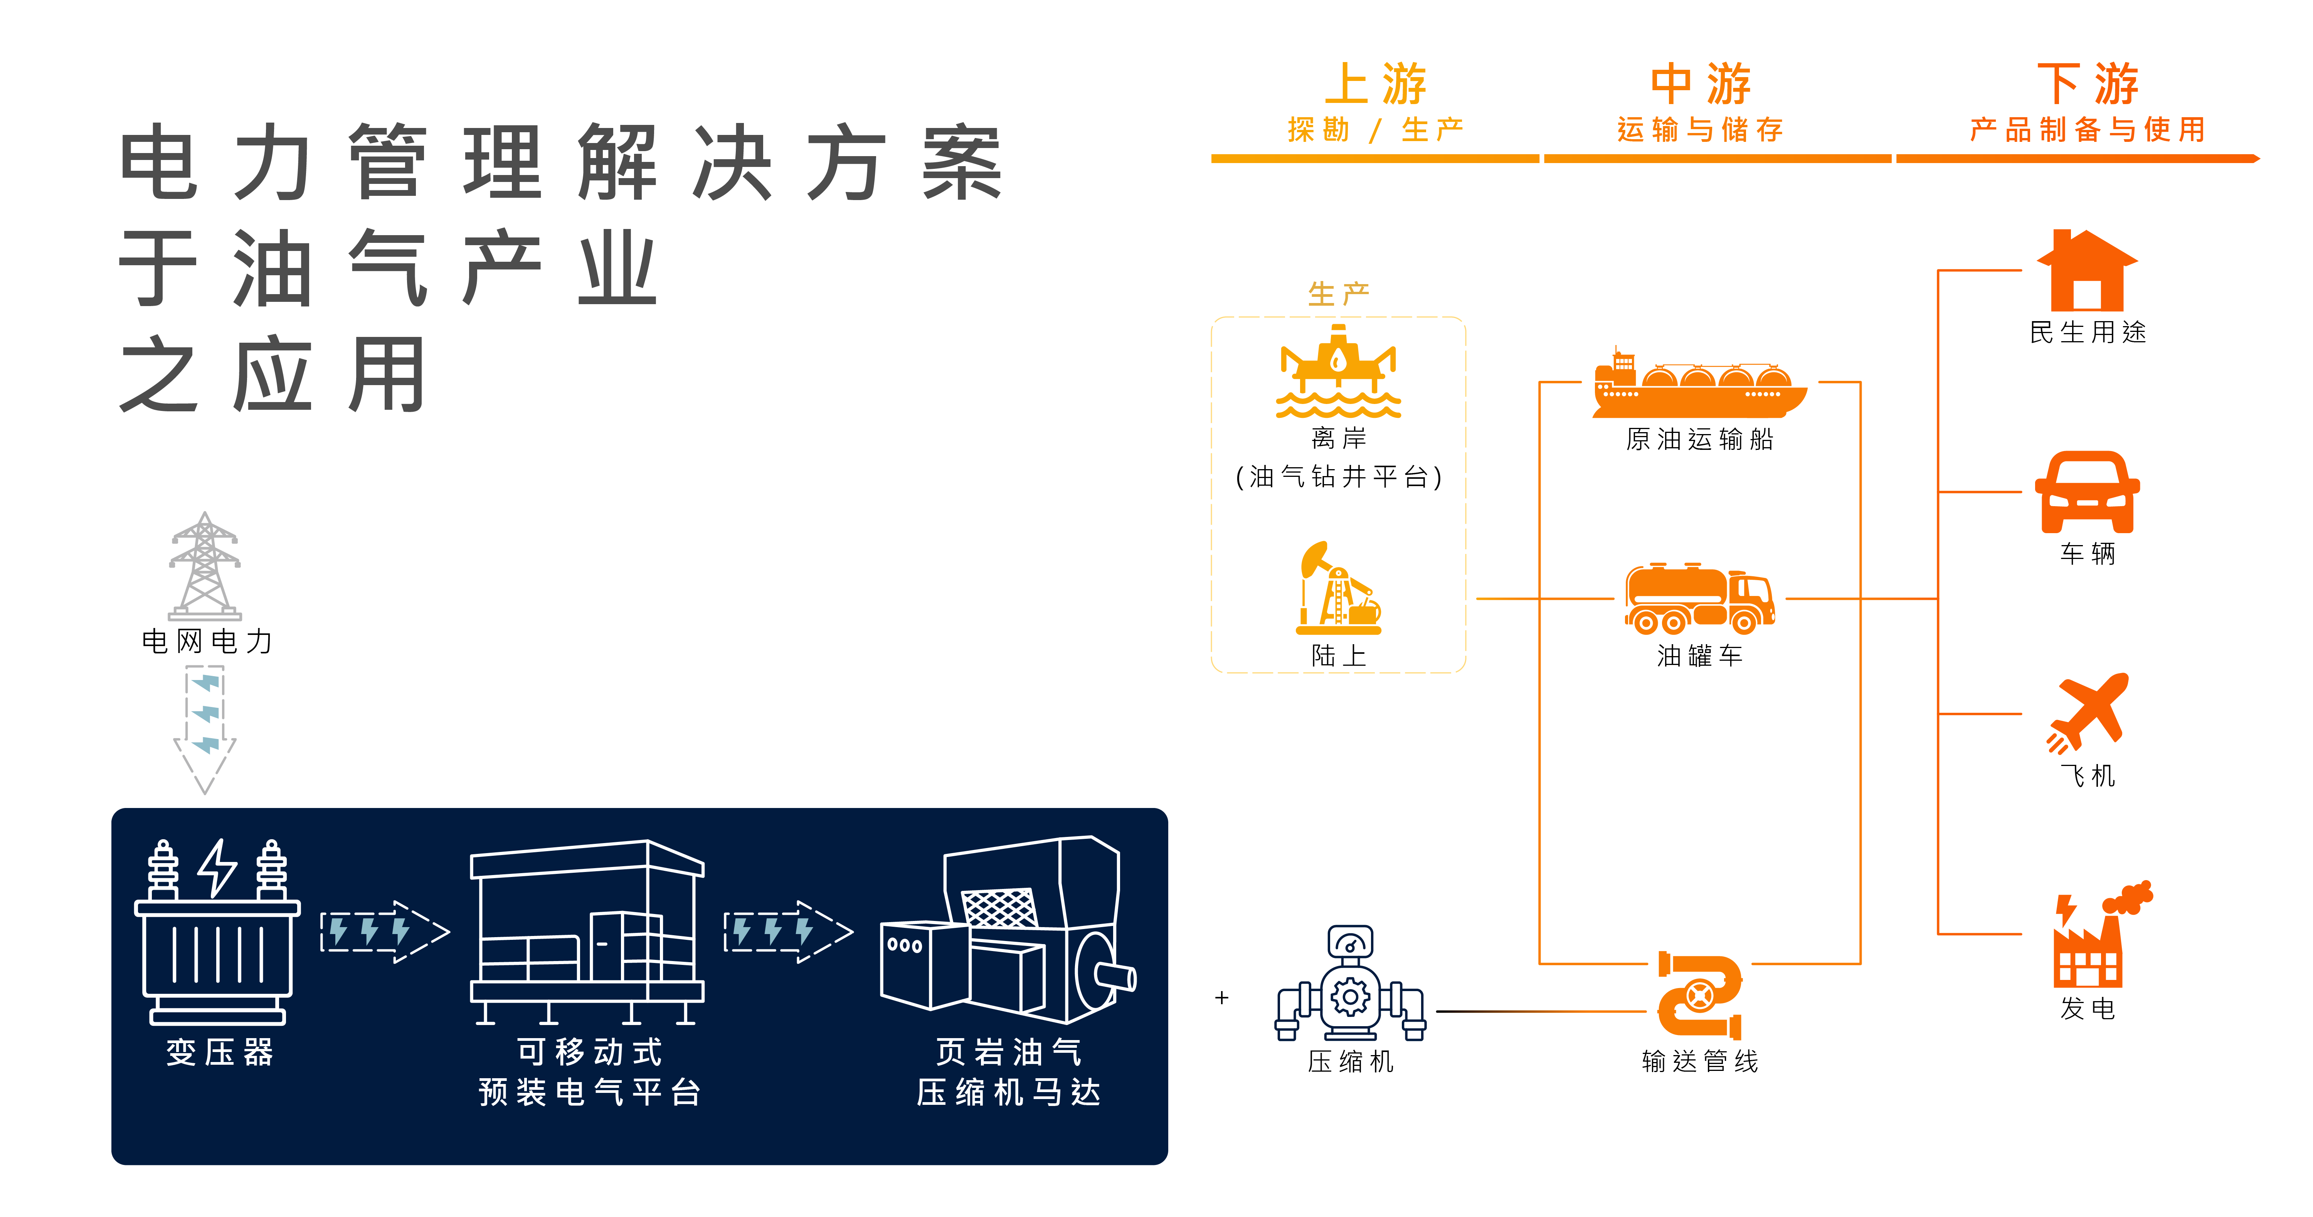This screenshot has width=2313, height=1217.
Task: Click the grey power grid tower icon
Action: [x=205, y=566]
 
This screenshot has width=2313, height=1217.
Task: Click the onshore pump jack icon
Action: [x=1338, y=588]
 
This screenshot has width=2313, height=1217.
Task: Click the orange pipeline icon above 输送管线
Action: [x=1700, y=995]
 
